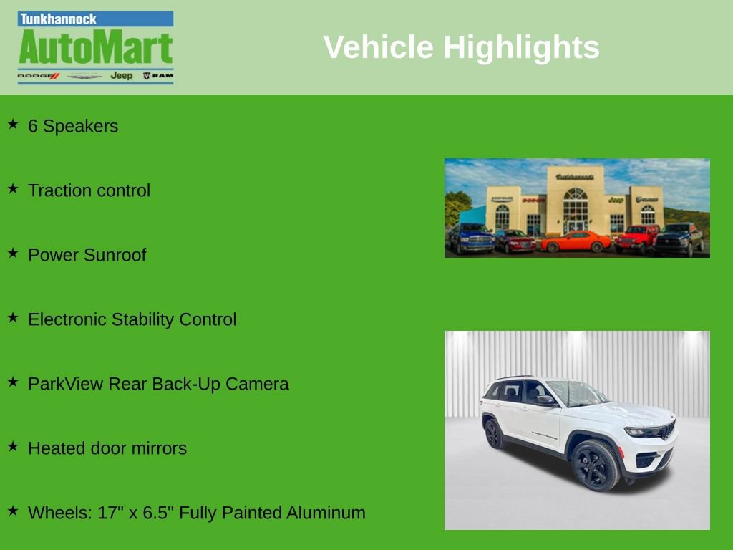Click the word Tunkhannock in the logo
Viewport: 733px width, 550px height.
[x=58, y=19]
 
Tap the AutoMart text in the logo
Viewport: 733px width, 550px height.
[x=96, y=47]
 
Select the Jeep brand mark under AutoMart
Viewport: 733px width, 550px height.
[x=122, y=76]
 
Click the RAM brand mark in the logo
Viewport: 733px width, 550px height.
[x=158, y=76]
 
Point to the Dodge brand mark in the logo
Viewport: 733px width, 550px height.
[x=39, y=76]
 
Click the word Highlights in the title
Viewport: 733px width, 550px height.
[x=521, y=48]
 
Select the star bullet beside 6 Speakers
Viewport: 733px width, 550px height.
[x=13, y=125]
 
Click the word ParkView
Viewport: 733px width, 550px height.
[x=65, y=384]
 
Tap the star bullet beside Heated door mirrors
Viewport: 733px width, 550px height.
[x=13, y=447]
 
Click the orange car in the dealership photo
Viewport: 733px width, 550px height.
[x=576, y=242]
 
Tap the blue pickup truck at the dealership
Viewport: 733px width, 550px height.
[x=471, y=238]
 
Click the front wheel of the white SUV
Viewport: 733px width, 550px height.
[x=595, y=465]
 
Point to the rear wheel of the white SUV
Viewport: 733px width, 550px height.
[x=493, y=433]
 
